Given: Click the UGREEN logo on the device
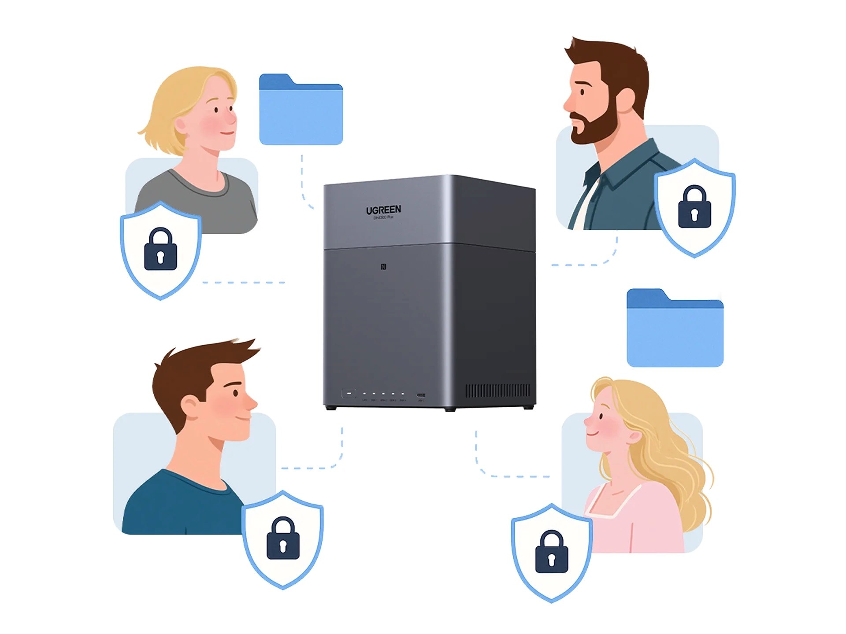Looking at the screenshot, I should [383, 210].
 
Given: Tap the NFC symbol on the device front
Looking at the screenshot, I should [383, 267].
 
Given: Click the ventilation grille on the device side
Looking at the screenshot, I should [498, 391].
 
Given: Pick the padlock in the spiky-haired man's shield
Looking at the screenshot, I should [283, 539].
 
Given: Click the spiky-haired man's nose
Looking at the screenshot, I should [252, 402].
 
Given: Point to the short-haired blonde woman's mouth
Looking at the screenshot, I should [227, 133].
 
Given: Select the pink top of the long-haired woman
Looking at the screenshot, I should [634, 520].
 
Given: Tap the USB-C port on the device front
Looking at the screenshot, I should [421, 395].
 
